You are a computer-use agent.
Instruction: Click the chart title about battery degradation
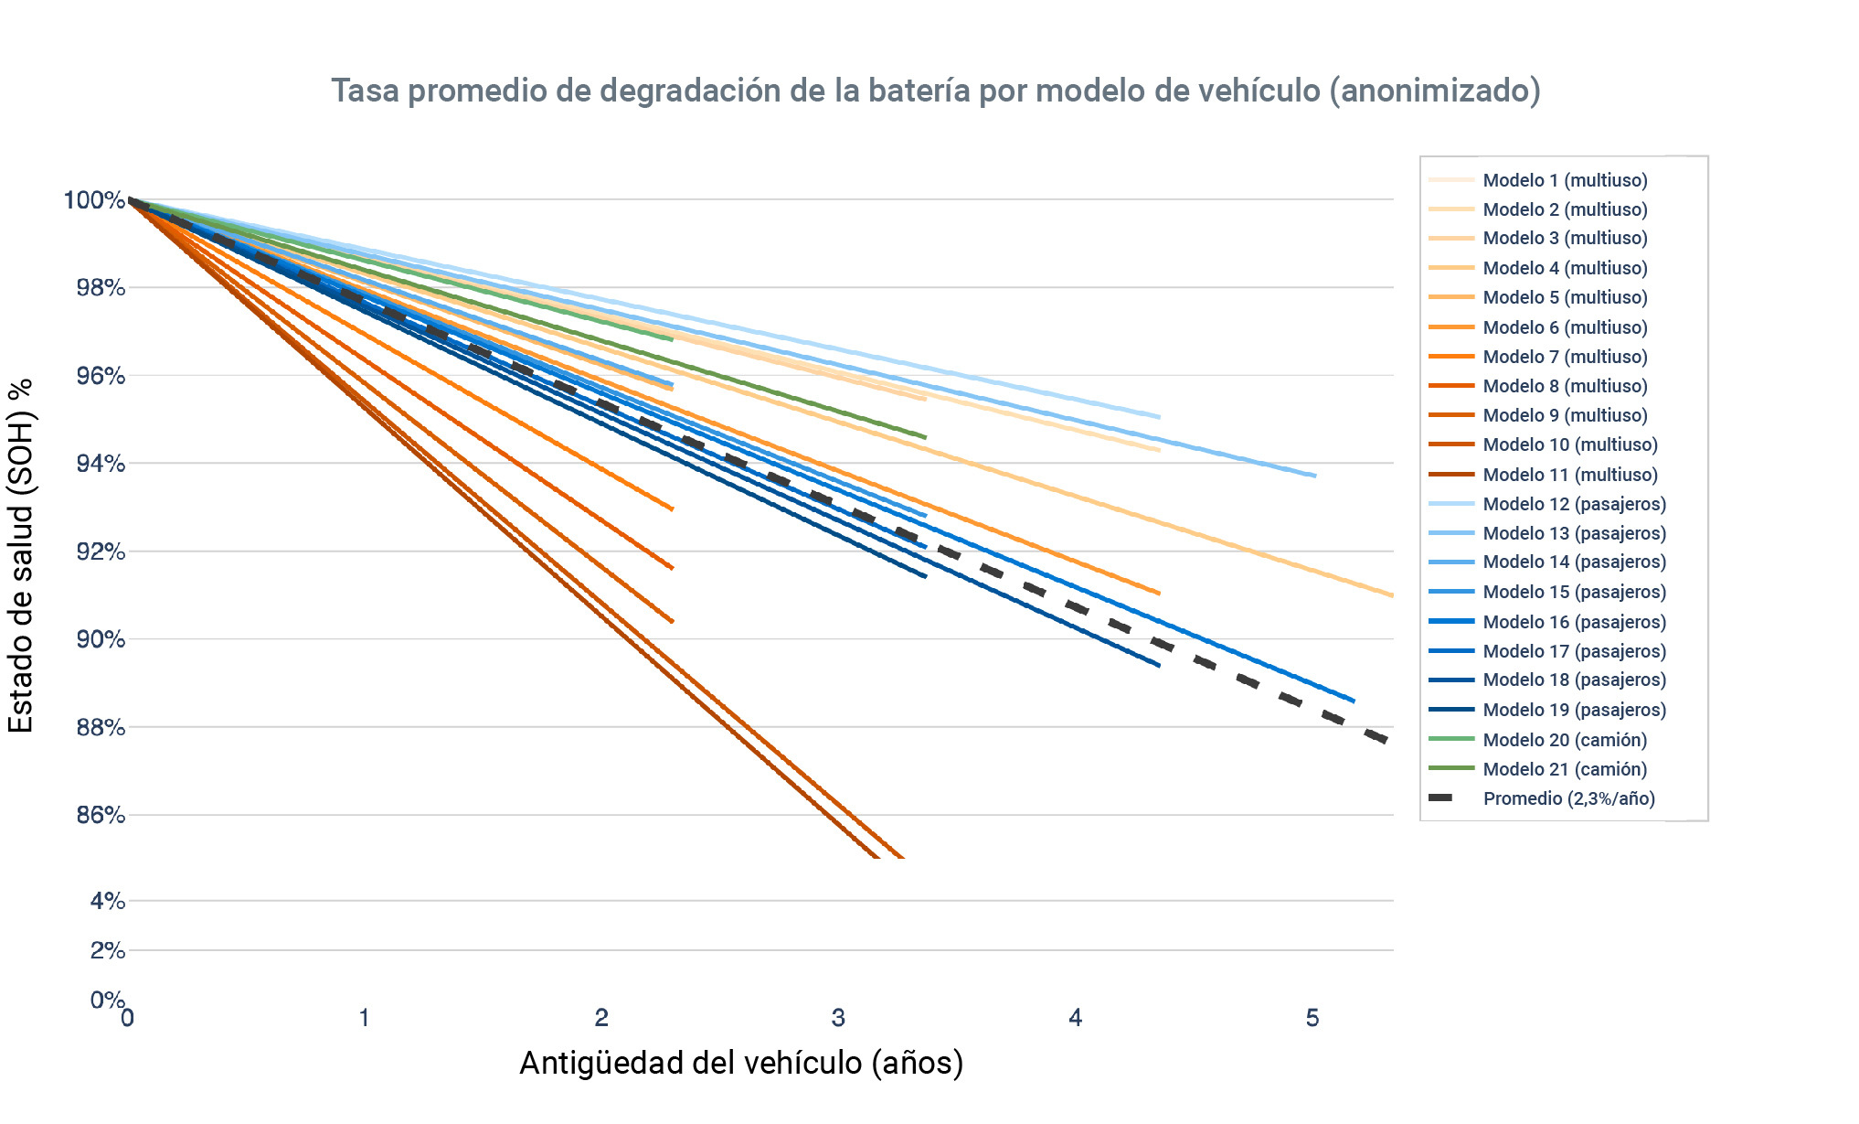coord(935,91)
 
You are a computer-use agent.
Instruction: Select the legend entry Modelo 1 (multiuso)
coord(1564,180)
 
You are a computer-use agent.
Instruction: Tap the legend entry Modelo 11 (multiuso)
coord(1568,474)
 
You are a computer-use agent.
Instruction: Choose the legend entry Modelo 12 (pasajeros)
coord(1573,504)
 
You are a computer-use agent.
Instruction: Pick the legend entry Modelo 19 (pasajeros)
coord(1573,710)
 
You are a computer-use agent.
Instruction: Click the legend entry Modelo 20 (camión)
coord(1564,740)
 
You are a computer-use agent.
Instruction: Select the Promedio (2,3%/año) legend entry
coord(1567,798)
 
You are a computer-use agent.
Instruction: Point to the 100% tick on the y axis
coord(94,200)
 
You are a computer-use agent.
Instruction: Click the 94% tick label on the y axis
coord(101,464)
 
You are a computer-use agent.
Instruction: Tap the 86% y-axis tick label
coord(101,815)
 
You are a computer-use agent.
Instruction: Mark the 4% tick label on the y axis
coord(108,901)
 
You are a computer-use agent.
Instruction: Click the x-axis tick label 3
coord(838,1018)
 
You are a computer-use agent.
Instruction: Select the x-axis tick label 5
coord(1312,1018)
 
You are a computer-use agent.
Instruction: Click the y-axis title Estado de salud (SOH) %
coord(21,555)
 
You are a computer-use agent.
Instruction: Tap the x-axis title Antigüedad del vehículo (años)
coord(741,1063)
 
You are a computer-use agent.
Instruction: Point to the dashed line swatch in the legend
coord(1441,798)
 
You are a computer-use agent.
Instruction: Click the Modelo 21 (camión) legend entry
coord(1564,769)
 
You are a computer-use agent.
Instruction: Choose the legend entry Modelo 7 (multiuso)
coord(1564,357)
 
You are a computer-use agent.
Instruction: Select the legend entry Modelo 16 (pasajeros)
coord(1573,622)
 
